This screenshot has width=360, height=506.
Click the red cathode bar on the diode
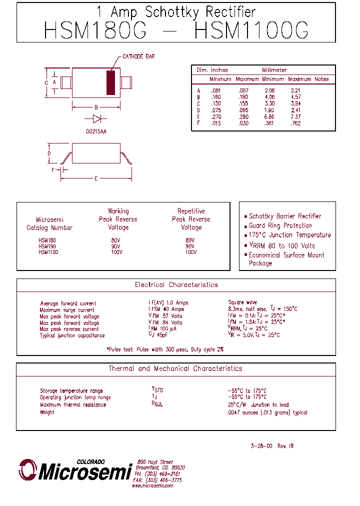coord(110,82)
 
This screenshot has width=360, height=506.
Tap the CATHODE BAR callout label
coord(138,56)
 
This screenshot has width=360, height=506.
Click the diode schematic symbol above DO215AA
coord(96,119)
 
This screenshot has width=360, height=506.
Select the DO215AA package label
coord(96,131)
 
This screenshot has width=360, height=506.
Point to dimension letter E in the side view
coord(96,179)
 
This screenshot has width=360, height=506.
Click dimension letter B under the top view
coord(96,107)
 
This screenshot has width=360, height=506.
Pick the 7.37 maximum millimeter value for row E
coord(295,116)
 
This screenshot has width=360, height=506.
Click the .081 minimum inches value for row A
coord(216,90)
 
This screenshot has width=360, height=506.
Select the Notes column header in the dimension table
coord(321,79)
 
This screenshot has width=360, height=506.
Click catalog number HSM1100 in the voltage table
coord(48,252)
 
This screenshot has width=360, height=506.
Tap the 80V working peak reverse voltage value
coord(116,240)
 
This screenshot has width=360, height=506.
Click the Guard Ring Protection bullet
coord(280,225)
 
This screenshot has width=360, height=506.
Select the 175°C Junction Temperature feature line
coord(289,235)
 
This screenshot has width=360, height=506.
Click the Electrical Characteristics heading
coord(176,285)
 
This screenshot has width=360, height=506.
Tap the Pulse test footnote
coord(165,349)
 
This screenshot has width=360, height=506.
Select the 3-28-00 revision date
coord(261,446)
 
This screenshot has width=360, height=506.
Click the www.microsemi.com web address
coord(152,485)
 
